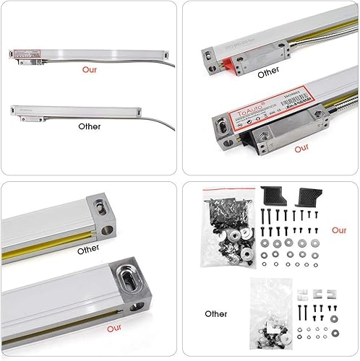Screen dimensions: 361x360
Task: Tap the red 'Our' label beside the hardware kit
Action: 339,231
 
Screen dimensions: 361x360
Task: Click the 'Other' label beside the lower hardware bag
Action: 218,316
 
